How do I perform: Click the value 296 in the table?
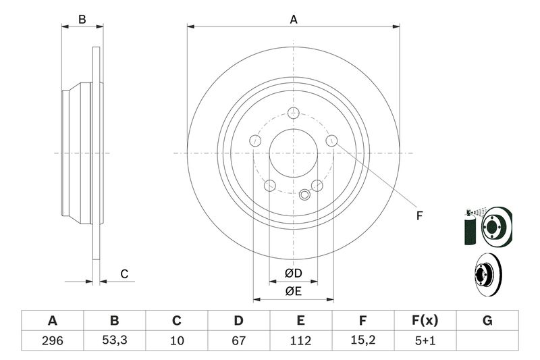[53, 340]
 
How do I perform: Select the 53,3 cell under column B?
[114, 340]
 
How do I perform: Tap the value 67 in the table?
[238, 340]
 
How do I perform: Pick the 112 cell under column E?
[300, 340]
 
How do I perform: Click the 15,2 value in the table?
[362, 340]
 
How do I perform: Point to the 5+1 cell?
[425, 340]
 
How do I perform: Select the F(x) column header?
[425, 321]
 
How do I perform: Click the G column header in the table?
[487, 321]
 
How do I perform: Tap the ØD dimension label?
[294, 273]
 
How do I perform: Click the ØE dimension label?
[294, 292]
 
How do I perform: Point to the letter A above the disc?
[294, 20]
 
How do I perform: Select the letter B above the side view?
[82, 20]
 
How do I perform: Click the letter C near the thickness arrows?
[124, 274]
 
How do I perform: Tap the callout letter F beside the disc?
[419, 216]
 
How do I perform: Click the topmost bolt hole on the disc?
[294, 113]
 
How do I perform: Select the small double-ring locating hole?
[304, 195]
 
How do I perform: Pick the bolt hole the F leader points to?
[331, 140]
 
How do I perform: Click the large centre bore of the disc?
[294, 153]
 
